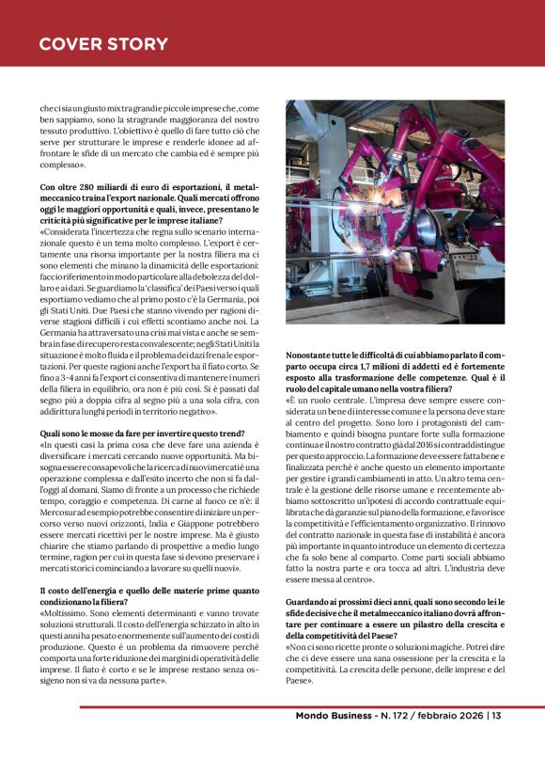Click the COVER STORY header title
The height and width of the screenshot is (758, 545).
(103, 43)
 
